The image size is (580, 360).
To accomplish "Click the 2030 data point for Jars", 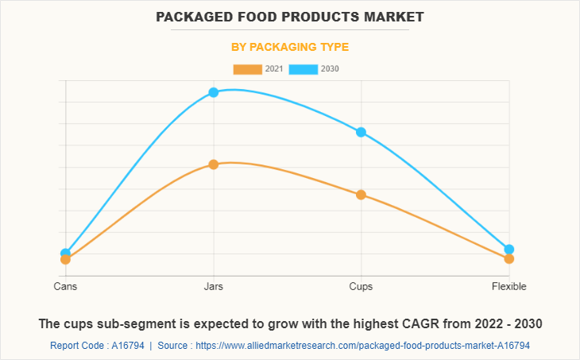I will pos(214,92).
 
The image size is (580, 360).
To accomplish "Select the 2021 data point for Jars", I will pos(214,165).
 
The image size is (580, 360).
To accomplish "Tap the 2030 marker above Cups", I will pos(361,132).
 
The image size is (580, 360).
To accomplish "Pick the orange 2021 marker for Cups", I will pos(361,195).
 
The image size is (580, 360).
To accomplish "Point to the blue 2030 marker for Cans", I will pos(66,254).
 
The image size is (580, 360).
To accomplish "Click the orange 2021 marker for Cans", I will pos(66,260).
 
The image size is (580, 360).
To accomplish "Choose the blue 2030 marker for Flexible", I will pos(509,250).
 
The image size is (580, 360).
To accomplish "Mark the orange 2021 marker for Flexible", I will pos(509,259).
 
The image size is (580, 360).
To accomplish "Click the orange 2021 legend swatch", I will pos(247,69).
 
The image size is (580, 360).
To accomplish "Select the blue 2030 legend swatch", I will pos(304,69).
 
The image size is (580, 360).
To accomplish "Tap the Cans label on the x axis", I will pos(66,286).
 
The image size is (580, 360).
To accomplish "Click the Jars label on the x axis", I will pos(214,286).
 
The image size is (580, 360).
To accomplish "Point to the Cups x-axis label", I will pos(361,286).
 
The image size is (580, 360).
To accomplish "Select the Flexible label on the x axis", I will pos(509,286).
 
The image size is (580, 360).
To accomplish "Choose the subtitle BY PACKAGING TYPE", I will pos(290,47).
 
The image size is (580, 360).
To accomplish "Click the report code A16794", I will pos(126,346).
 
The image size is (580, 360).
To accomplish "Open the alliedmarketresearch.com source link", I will pos(362,346).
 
